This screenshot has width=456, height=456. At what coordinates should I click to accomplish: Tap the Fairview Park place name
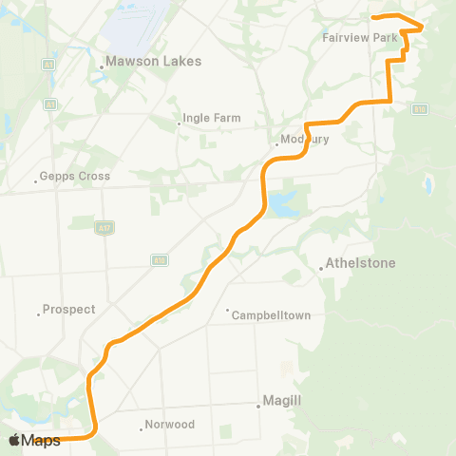(358, 38)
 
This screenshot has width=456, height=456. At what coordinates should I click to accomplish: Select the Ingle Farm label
(213, 119)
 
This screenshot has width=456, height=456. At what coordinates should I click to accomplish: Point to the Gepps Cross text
(76, 176)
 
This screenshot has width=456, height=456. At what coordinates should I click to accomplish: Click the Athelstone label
(360, 262)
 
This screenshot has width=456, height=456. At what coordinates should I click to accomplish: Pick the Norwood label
(171, 424)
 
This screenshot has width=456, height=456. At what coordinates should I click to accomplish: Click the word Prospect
(70, 310)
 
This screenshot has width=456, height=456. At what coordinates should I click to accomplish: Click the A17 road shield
(102, 227)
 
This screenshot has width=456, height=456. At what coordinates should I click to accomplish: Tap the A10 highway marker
(160, 258)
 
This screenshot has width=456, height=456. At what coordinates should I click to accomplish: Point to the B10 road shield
(419, 109)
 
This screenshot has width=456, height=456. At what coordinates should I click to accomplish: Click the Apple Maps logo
(34, 441)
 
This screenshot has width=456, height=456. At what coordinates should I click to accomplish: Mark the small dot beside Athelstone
(321, 269)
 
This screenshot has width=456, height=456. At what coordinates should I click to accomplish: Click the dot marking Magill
(258, 407)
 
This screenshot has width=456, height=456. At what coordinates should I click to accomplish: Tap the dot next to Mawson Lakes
(102, 66)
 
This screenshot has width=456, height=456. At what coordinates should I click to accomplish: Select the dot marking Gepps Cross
(35, 180)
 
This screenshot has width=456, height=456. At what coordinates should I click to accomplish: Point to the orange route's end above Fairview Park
(373, 16)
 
